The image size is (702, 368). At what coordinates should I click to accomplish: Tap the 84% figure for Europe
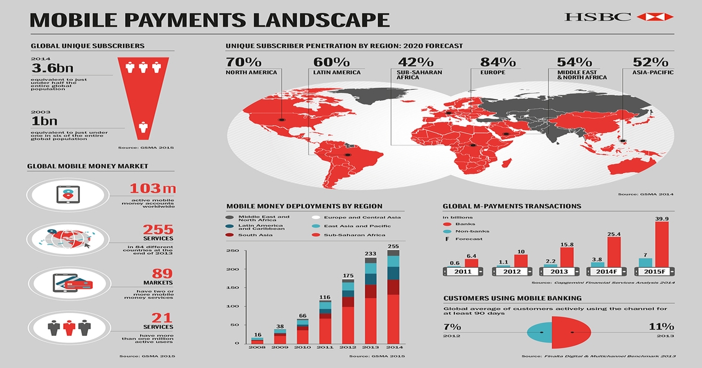(x=498, y=62)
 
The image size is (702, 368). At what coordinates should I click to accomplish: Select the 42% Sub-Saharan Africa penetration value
(x=415, y=62)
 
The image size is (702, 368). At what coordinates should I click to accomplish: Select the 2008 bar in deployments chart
(x=258, y=340)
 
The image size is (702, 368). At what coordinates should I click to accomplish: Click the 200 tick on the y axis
(x=232, y=269)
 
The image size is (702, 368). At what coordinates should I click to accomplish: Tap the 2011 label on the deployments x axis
(x=326, y=349)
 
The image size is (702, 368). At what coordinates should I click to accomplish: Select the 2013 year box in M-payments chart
(x=558, y=272)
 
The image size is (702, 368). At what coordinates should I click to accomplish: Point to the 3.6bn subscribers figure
(x=49, y=69)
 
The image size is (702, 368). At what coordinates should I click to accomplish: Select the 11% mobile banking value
(x=661, y=327)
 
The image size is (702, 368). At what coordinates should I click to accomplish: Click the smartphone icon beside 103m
(x=67, y=194)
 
